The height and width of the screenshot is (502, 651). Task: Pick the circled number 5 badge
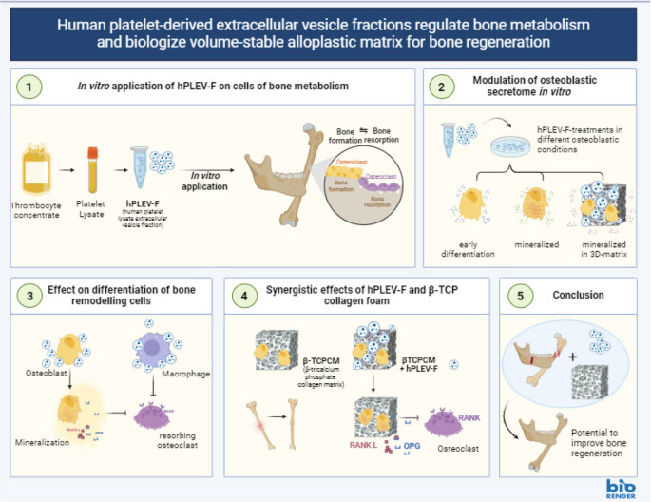[x=520, y=296]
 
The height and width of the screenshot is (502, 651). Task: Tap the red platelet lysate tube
[x=94, y=168]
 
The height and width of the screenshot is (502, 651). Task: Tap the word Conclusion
[x=578, y=296]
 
